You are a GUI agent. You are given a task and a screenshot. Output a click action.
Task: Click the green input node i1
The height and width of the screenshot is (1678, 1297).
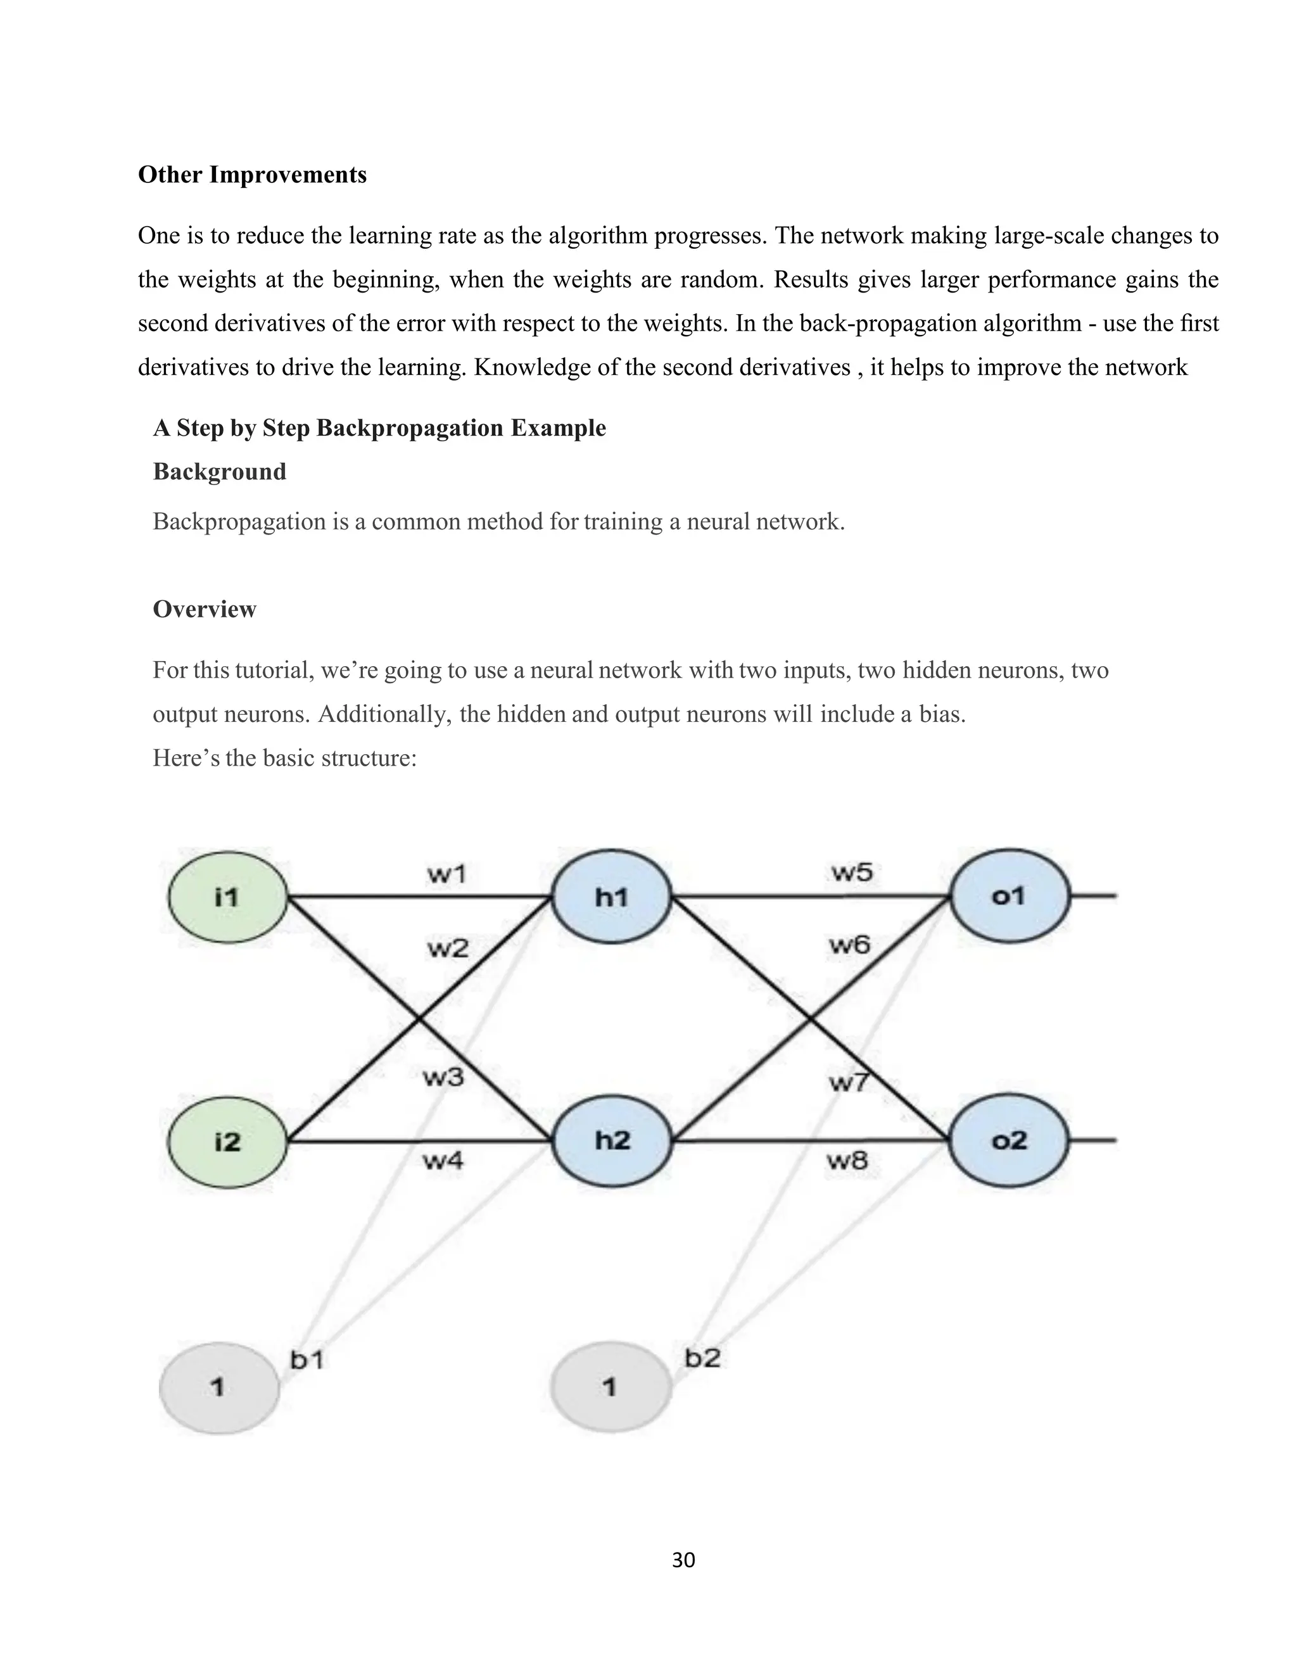(227, 897)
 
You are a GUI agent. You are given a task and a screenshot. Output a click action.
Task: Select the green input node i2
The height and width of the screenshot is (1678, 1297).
(227, 1142)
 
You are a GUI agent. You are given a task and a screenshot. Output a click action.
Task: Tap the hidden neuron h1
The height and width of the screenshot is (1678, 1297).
(612, 897)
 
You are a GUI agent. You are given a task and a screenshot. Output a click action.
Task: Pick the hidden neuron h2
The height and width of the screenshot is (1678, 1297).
(612, 1140)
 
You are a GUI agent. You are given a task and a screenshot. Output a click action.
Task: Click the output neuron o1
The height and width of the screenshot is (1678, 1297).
(1009, 896)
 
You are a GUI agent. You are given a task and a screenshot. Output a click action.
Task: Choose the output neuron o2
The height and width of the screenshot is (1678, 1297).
(1009, 1140)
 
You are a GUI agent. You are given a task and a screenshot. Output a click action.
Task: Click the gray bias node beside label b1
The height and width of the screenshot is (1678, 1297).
(219, 1387)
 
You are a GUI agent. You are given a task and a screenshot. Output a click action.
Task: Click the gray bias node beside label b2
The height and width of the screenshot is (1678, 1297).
(610, 1387)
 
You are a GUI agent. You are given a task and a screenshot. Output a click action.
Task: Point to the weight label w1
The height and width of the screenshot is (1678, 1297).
(446, 874)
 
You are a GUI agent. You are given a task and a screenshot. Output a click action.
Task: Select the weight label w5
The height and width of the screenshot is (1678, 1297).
(851, 872)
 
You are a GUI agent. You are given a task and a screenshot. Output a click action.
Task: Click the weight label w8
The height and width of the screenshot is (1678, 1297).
(847, 1159)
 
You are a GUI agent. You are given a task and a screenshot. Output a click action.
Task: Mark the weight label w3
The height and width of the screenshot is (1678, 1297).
(443, 1077)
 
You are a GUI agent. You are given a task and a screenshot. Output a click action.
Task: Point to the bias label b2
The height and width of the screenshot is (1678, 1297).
(702, 1358)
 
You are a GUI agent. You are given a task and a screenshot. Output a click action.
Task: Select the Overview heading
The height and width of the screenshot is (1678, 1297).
(205, 609)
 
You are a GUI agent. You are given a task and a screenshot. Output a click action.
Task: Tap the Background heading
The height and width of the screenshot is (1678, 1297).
(220, 472)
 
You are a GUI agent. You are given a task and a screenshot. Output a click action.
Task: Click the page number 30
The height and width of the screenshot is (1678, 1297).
(683, 1560)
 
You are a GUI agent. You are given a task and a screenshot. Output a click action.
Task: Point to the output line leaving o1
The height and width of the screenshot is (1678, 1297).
(1093, 896)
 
